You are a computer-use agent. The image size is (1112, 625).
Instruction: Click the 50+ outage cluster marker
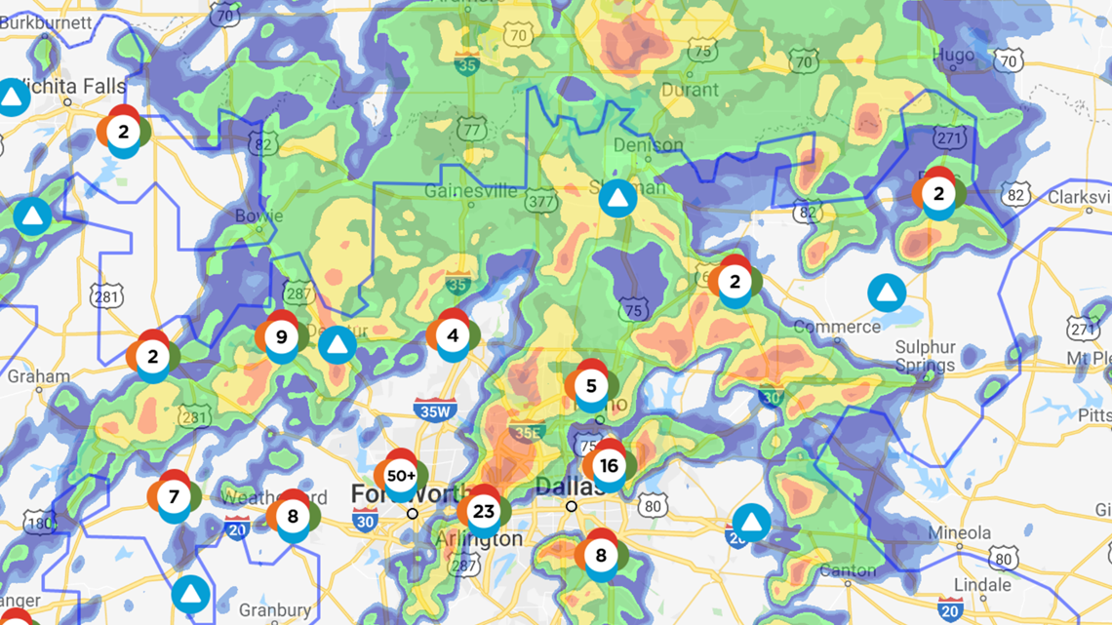point(401,476)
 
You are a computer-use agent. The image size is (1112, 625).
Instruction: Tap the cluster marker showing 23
point(483,511)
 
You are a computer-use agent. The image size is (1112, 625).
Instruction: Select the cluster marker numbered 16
point(609,466)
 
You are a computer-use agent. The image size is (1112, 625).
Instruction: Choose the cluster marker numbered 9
point(282,337)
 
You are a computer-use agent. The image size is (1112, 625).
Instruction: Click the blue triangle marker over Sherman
point(616,199)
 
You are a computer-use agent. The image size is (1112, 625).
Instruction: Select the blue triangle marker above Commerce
point(886,293)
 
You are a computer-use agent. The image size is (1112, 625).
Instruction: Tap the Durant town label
point(690,90)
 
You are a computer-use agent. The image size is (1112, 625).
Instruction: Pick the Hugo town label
point(952,56)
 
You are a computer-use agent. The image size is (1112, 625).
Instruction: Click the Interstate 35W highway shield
point(431,410)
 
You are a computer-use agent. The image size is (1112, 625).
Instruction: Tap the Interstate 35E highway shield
point(527,430)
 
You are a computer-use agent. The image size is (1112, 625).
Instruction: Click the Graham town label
point(38,376)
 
